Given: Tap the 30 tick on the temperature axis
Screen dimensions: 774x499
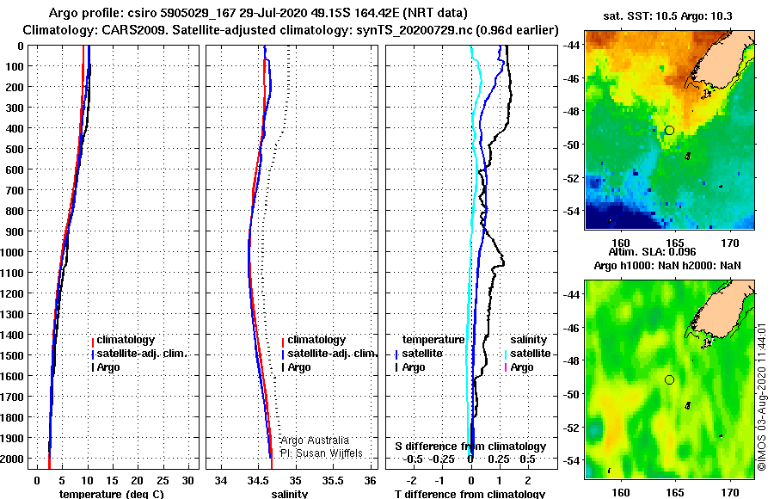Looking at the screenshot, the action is (x=187, y=481).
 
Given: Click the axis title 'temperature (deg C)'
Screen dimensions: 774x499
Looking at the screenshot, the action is (x=112, y=494).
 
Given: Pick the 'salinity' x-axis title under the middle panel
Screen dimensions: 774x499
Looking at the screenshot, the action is (x=290, y=494).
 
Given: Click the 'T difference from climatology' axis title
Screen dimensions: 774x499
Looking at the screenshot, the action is (x=470, y=494).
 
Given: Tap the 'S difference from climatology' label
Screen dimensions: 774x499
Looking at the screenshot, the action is (x=470, y=447).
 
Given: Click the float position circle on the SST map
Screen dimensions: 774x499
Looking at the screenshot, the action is (x=669, y=131).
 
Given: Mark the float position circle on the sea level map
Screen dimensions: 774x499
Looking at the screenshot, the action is (x=669, y=380).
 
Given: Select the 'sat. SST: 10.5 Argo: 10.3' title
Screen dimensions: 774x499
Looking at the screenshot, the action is (x=667, y=15).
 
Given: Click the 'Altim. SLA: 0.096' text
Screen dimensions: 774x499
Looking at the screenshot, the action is (x=652, y=251).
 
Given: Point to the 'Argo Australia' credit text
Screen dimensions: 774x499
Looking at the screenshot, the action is (x=315, y=440).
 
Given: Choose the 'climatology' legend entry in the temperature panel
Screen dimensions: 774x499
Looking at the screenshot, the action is (x=126, y=340).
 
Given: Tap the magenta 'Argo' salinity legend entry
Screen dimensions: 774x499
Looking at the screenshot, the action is (x=522, y=367).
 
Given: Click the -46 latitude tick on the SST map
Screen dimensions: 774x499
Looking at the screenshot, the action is (x=572, y=78).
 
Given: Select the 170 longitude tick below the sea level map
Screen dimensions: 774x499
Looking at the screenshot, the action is (x=730, y=492).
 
